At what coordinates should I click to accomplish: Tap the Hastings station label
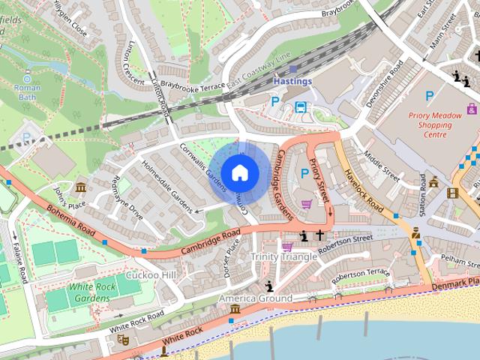click(292, 80)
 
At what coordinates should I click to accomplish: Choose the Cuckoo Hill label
click(151, 275)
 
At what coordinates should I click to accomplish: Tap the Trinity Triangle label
click(283, 256)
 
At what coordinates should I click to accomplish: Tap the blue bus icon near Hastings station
click(301, 106)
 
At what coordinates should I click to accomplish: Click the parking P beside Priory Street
click(304, 173)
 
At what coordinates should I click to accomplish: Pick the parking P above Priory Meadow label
click(429, 95)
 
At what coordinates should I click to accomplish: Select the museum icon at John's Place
click(80, 187)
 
